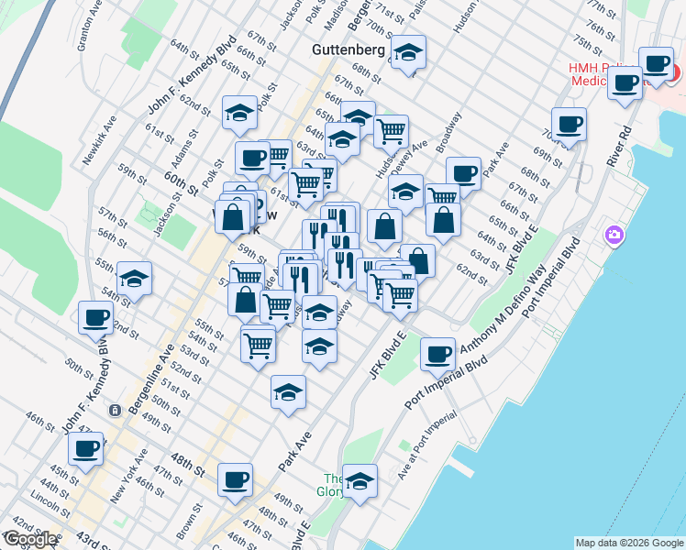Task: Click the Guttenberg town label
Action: click(347, 49)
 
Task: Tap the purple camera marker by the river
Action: click(614, 236)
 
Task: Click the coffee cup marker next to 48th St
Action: click(235, 478)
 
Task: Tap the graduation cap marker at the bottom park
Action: click(360, 481)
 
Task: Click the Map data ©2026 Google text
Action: click(629, 543)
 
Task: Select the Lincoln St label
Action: click(44, 503)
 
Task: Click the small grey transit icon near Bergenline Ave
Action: click(115, 410)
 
